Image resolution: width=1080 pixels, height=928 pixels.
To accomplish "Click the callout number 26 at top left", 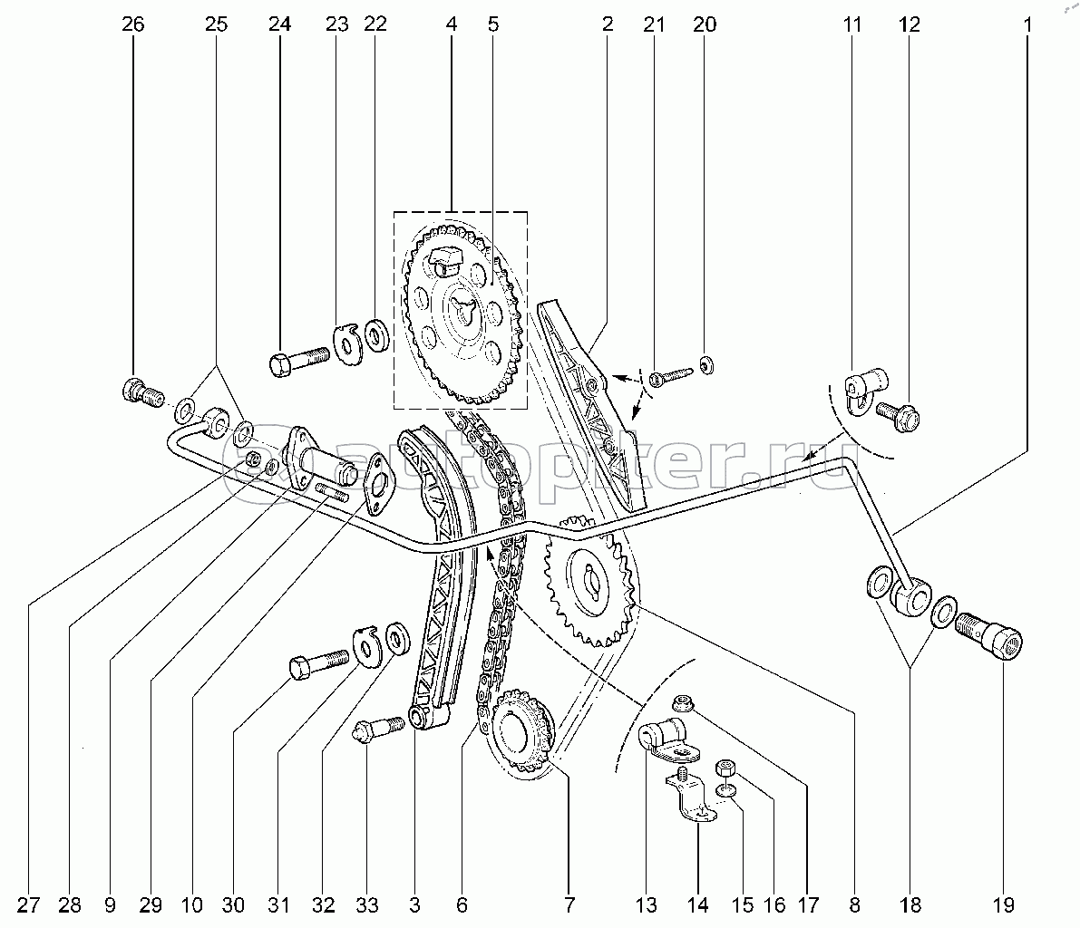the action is (x=133, y=24).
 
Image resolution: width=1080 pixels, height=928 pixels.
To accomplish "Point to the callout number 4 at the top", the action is (x=452, y=24).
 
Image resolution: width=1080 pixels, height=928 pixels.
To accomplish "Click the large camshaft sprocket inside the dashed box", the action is (x=458, y=314).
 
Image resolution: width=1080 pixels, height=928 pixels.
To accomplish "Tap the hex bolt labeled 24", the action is (x=299, y=361).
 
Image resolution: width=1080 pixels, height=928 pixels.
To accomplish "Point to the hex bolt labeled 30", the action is (x=319, y=664).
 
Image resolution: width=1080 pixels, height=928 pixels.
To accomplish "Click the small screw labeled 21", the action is (x=669, y=376).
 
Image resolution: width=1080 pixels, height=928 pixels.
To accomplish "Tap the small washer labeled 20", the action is (x=705, y=364).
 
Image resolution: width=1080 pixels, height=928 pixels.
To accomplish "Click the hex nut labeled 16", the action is (x=726, y=767).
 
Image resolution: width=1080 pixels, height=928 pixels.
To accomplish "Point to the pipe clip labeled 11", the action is (x=864, y=390).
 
